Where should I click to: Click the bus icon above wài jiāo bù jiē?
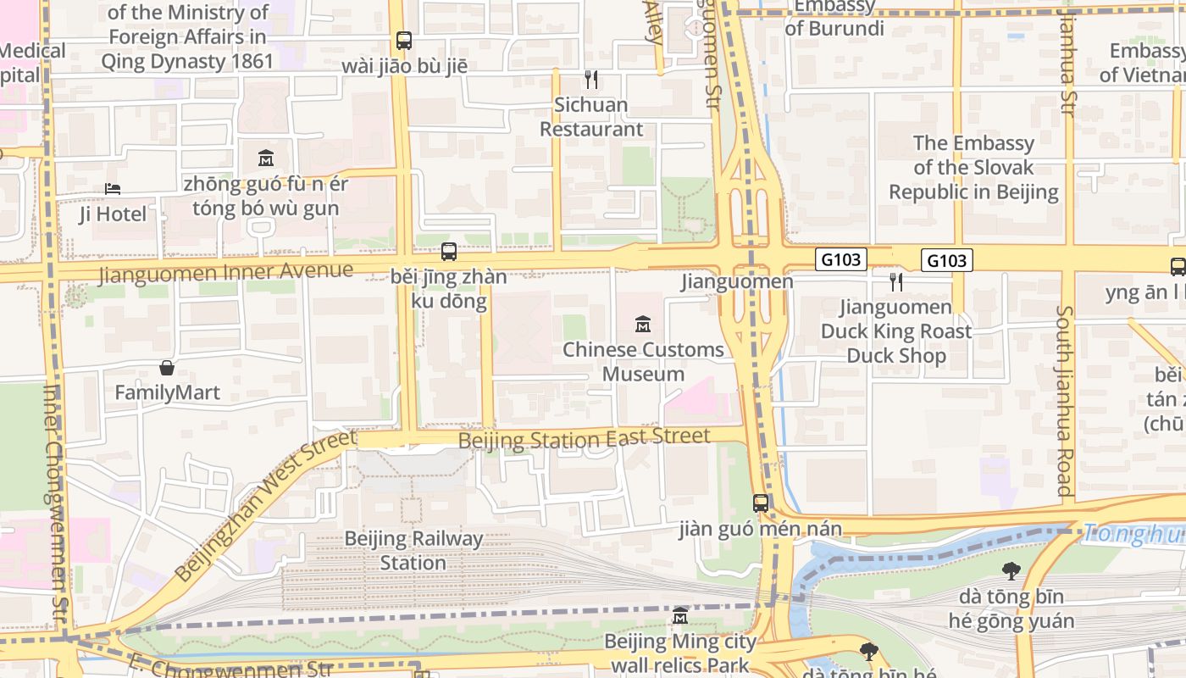click(404, 40)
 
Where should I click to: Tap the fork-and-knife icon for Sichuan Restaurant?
click(591, 80)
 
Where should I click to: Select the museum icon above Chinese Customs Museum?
click(643, 324)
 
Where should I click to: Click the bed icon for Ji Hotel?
click(113, 188)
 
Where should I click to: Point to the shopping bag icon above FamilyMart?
click(167, 368)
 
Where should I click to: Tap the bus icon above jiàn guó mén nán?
click(761, 503)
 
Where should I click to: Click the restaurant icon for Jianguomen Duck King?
click(896, 281)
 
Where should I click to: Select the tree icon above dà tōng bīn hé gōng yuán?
click(1011, 571)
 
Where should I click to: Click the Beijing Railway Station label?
click(413, 551)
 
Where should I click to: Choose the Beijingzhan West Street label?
click(265, 506)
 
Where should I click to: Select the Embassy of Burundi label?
click(834, 18)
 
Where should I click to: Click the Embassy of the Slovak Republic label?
click(973, 167)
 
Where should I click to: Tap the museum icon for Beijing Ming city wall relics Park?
click(679, 615)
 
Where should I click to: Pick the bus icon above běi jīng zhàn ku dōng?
click(449, 252)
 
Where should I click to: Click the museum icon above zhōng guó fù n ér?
click(266, 158)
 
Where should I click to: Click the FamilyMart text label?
click(167, 392)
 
